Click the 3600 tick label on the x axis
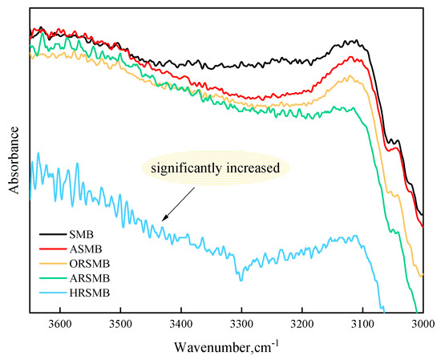pyautogui.click(x=60, y=324)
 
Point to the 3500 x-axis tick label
pyautogui.click(x=120, y=324)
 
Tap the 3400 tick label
pyautogui.click(x=181, y=324)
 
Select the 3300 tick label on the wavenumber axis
pyautogui.click(x=242, y=324)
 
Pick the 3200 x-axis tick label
pyautogui.click(x=302, y=324)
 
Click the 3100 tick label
pyautogui.click(x=362, y=324)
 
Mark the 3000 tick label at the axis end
pyautogui.click(x=423, y=324)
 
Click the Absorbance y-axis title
pyautogui.click(x=14, y=160)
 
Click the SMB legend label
pyautogui.click(x=81, y=234)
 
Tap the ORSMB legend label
pyautogui.click(x=90, y=264)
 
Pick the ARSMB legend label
pyautogui.click(x=90, y=278)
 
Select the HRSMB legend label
pyautogui.click(x=90, y=293)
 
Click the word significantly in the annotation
pyautogui.click(x=186, y=168)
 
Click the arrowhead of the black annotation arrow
pyautogui.click(x=164, y=219)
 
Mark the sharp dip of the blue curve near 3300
pyautogui.click(x=241, y=280)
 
